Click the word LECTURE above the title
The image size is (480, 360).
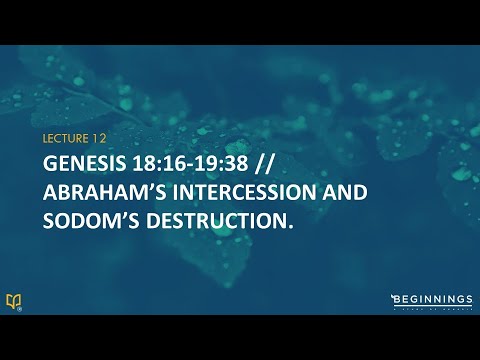pyautogui.click(x=63, y=138)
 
